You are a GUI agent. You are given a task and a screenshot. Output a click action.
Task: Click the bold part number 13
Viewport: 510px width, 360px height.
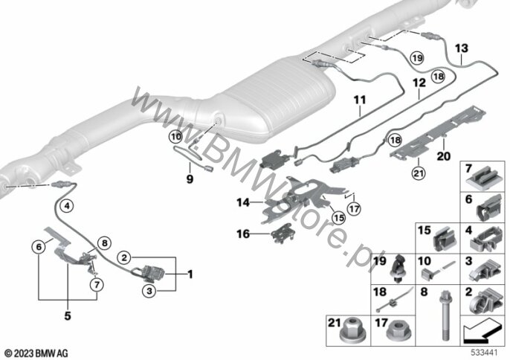point(462,48)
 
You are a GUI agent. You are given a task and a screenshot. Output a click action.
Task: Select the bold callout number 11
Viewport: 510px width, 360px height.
point(361,98)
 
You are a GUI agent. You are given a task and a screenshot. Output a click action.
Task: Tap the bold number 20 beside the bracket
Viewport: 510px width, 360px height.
point(444,156)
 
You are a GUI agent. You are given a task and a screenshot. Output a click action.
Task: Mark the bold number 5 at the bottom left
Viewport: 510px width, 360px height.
point(67,315)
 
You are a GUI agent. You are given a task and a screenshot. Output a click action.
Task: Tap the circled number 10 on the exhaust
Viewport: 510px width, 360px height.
point(175,136)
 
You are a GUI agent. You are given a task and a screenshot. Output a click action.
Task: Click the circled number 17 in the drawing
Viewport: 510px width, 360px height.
point(355,210)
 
